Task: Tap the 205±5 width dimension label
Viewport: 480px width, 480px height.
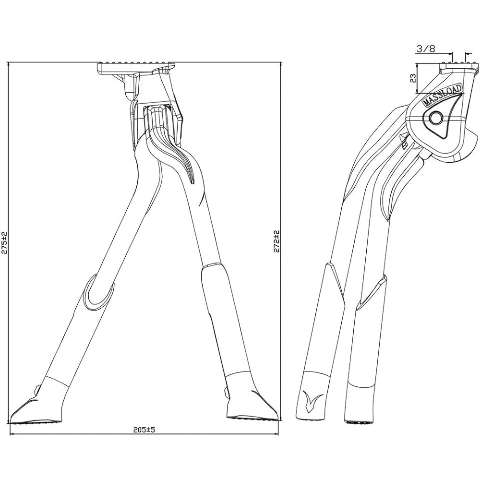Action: coord(144,430)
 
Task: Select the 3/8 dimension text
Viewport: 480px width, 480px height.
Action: coord(425,48)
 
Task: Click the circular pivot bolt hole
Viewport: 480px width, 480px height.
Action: coord(435,118)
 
